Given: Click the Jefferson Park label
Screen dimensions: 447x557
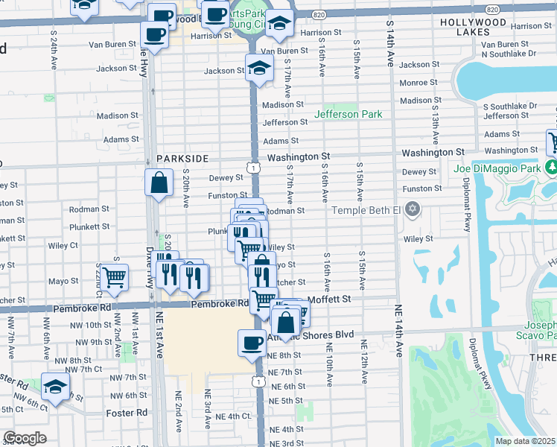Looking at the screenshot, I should (x=348, y=114).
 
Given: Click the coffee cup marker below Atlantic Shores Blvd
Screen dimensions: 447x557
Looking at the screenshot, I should (x=251, y=342).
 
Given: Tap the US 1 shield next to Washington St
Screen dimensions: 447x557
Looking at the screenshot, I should (x=254, y=169).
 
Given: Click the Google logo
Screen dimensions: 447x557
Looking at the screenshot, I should (x=25, y=438).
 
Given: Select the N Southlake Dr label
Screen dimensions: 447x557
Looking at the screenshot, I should (x=509, y=54).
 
